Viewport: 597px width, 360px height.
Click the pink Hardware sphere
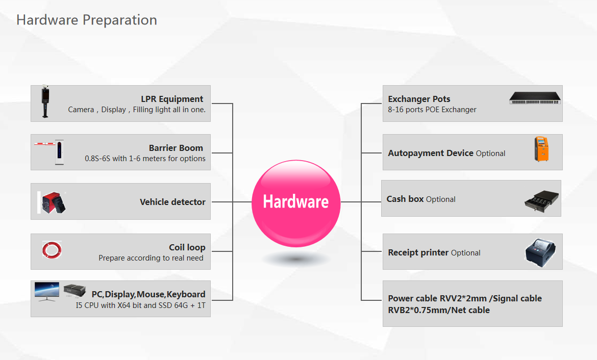pyautogui.click(x=296, y=203)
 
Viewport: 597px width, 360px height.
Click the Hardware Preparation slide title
pyautogui.click(x=87, y=20)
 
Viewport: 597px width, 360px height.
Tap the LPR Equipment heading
pyautogui.click(x=172, y=99)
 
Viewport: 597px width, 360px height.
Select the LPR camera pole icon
pyautogui.click(x=46, y=101)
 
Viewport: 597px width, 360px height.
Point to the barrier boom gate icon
pyautogui.click(x=49, y=151)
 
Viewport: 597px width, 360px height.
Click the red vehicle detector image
pyautogui.click(x=52, y=202)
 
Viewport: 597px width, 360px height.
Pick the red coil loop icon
pyautogui.click(x=52, y=250)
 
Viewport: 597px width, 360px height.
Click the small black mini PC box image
pyautogui.click(x=74, y=290)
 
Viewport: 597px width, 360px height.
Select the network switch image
pyautogui.click(x=535, y=98)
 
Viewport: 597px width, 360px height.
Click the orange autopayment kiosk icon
pyautogui.click(x=541, y=149)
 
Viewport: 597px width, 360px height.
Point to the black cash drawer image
pyautogui.click(x=542, y=200)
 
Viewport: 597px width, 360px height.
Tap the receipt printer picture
pyautogui.click(x=541, y=253)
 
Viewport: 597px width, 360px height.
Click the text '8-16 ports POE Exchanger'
pyautogui.click(x=432, y=110)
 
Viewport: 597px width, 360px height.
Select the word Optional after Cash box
pyautogui.click(x=440, y=199)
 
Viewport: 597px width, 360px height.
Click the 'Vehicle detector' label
pyautogui.click(x=172, y=202)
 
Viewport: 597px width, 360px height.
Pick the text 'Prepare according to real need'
pyautogui.click(x=151, y=258)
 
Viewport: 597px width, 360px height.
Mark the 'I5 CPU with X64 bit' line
pyautogui.click(x=140, y=305)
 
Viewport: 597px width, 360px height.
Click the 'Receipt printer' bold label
pyautogui.click(x=418, y=253)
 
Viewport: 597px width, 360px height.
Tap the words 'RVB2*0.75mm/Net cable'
pyautogui.click(x=439, y=310)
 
